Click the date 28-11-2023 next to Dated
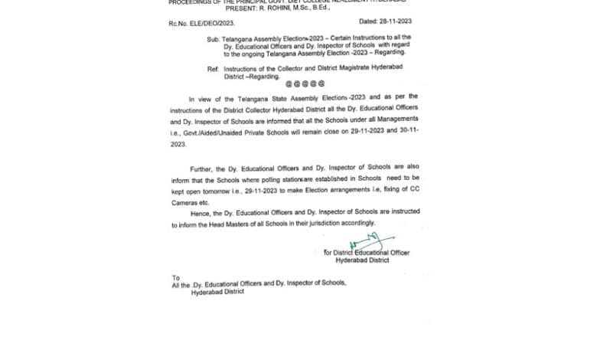point(396,22)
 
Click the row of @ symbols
point(305,83)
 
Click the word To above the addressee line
point(176,277)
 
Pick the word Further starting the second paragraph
point(203,167)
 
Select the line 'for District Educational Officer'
point(366,253)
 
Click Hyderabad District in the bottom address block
point(217,291)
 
